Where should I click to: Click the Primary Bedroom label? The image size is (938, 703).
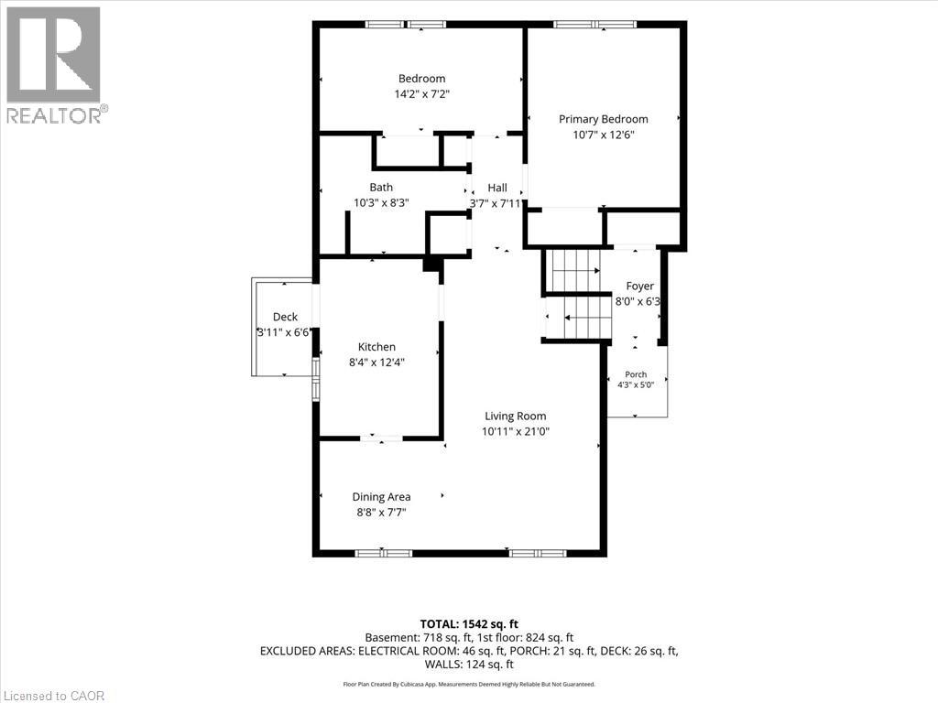click(x=603, y=119)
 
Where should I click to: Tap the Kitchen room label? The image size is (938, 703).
click(x=376, y=347)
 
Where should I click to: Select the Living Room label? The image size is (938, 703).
click(x=515, y=416)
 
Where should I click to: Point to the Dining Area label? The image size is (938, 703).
click(x=381, y=497)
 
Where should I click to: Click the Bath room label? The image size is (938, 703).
click(x=381, y=187)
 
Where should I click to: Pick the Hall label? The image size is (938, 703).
click(x=497, y=188)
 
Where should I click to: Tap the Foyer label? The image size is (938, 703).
click(x=639, y=287)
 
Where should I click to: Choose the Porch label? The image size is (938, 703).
click(x=636, y=374)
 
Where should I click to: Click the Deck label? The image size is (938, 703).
click(x=285, y=317)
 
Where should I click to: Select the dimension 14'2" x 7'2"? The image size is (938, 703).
click(x=421, y=94)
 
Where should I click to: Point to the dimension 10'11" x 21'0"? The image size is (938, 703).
click(x=515, y=432)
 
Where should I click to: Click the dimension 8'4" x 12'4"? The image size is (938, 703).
click(x=376, y=362)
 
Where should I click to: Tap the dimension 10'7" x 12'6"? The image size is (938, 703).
click(x=603, y=135)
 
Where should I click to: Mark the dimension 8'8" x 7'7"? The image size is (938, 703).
click(x=381, y=513)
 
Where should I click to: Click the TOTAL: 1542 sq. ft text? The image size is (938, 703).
click(x=469, y=624)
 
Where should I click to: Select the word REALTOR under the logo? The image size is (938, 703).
click(x=54, y=116)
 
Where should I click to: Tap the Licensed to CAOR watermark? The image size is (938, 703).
click(x=54, y=696)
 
